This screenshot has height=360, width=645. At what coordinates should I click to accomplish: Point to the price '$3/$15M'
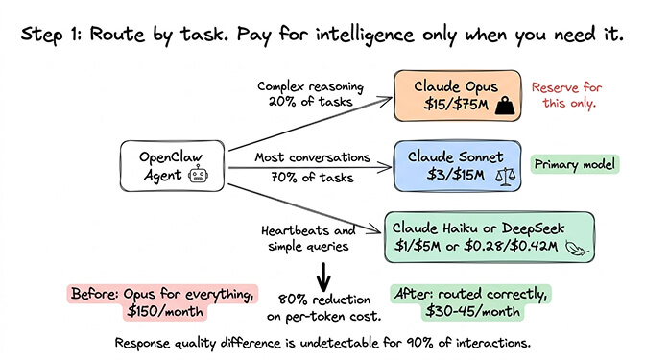[x=447, y=176]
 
